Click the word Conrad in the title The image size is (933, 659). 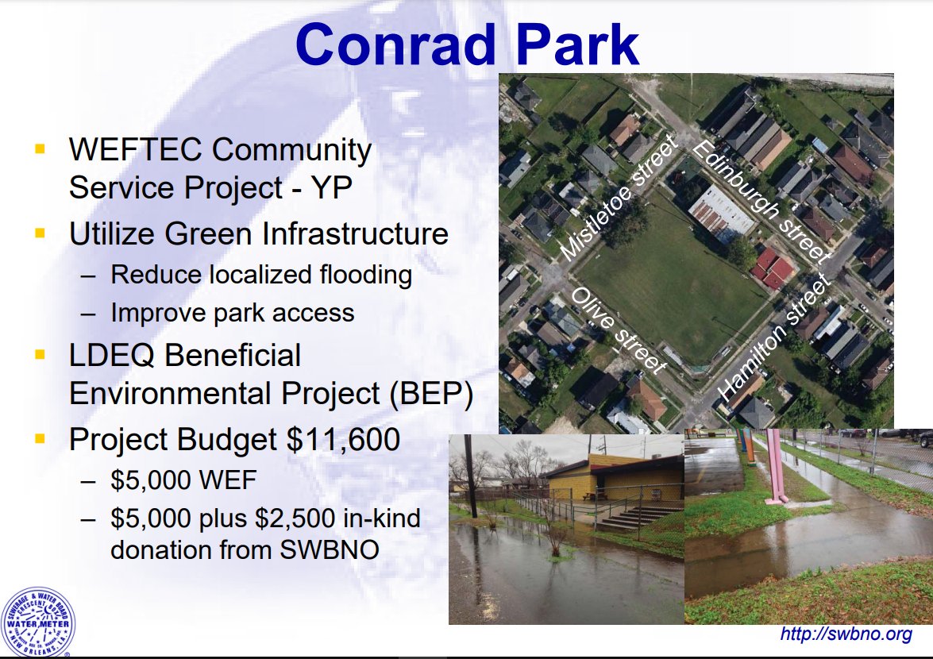(395, 44)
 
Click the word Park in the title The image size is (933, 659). (577, 44)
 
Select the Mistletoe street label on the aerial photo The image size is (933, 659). (619, 198)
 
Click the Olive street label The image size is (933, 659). (619, 331)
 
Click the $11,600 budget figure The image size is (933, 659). (343, 440)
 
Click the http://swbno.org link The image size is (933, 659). (846, 634)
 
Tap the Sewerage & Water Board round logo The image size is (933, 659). (38, 622)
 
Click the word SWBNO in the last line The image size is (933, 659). (329, 549)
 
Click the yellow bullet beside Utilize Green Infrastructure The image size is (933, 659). (40, 233)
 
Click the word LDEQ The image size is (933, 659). (113, 356)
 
